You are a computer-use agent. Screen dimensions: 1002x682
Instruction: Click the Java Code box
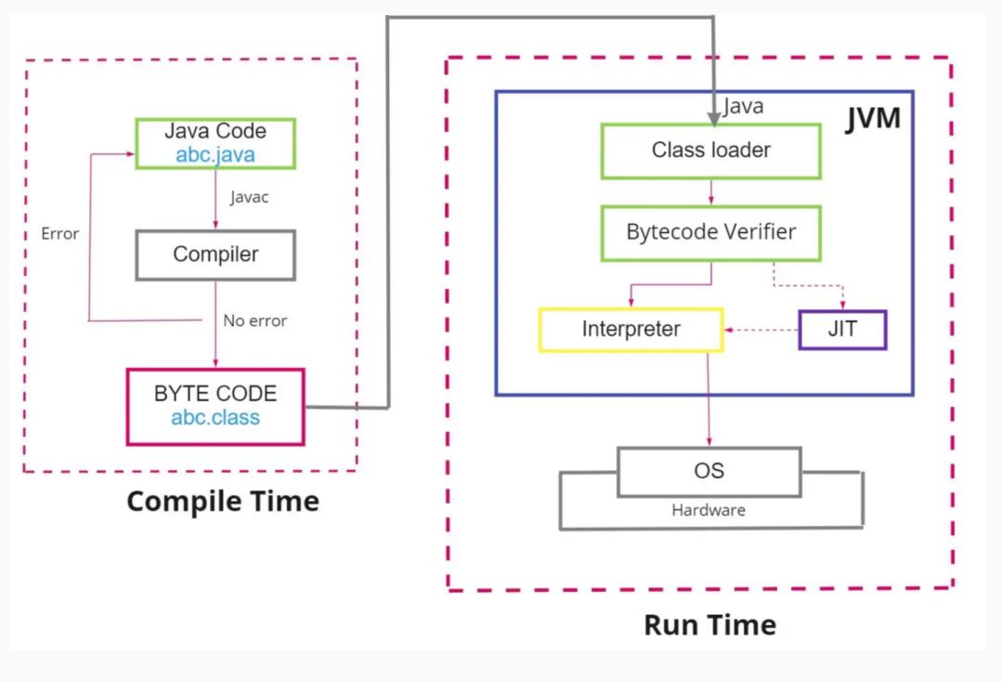(x=215, y=143)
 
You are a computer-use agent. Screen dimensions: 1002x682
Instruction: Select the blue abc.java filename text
(x=215, y=154)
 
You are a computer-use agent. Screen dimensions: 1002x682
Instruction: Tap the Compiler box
(x=215, y=255)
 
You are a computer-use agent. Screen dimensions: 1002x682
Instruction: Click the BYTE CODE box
(x=215, y=407)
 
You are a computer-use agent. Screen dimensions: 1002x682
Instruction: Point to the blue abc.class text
(x=215, y=417)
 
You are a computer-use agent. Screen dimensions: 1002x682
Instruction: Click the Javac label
(x=249, y=197)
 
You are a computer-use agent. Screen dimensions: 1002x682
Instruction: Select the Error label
(x=60, y=233)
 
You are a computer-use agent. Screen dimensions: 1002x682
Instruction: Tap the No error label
(x=255, y=321)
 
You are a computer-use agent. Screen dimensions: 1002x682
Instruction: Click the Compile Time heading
(x=223, y=501)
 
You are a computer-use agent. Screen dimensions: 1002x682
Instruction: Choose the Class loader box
(x=710, y=151)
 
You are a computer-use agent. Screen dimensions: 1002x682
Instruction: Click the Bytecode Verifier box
(x=710, y=232)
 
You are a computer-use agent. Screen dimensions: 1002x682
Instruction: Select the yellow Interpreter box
(x=631, y=330)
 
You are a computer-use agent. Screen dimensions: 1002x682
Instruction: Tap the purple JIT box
(x=842, y=330)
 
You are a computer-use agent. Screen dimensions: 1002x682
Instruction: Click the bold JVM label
(x=873, y=118)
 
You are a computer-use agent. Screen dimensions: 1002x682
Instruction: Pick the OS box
(x=709, y=472)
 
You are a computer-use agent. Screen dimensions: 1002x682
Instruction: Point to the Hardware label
(x=709, y=510)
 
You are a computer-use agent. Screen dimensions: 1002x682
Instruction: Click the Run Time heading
(x=710, y=625)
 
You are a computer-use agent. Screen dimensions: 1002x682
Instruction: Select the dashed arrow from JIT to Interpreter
(x=761, y=330)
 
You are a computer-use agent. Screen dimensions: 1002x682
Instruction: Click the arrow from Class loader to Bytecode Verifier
(x=710, y=191)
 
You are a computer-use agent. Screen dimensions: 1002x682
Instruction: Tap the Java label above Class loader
(x=743, y=106)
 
